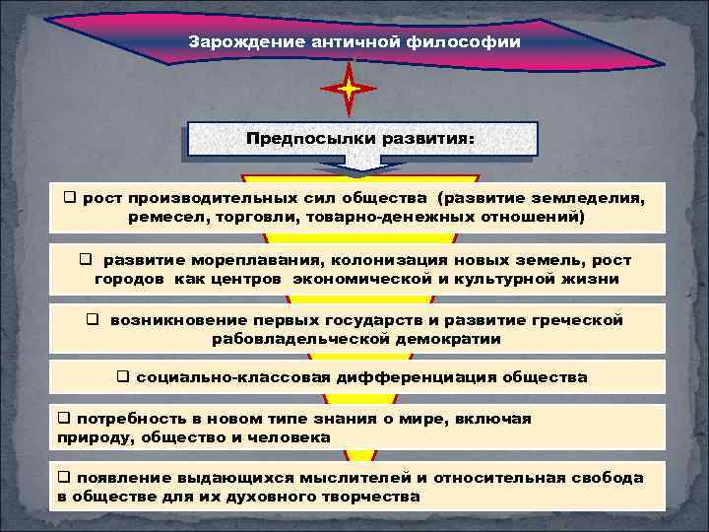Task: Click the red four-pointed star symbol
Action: pos(349,90)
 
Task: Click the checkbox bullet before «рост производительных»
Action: pos(70,198)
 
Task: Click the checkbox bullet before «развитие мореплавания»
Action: pos(86,260)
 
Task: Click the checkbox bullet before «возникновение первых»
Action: pos(93,320)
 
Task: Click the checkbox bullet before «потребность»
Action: pos(64,419)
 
